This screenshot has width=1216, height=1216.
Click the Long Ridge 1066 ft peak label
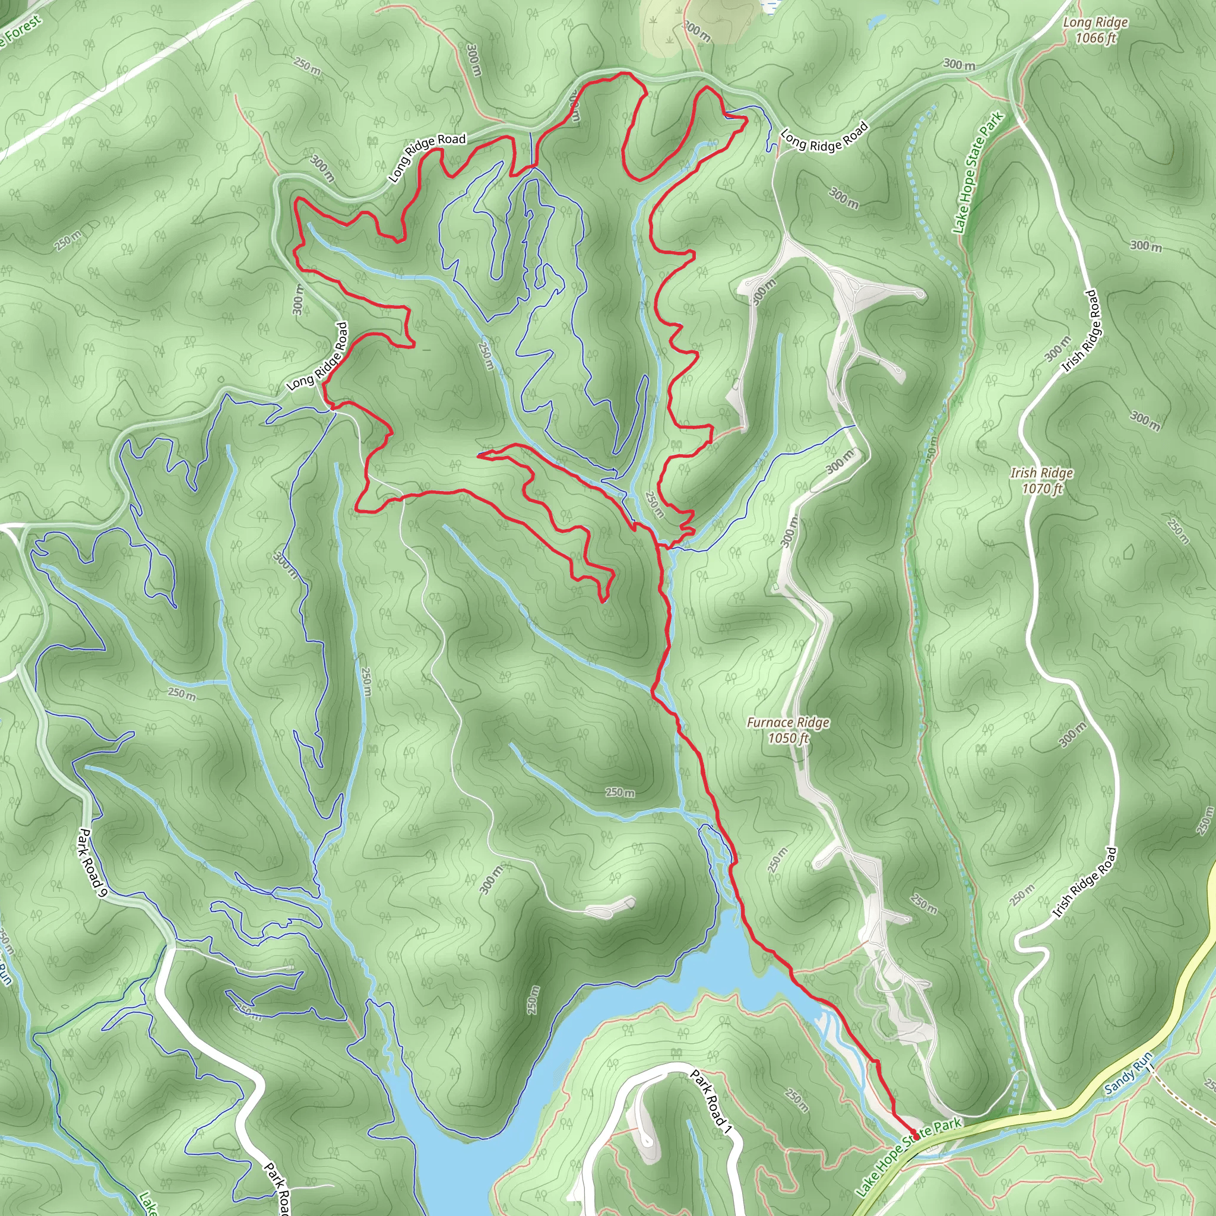point(1096,30)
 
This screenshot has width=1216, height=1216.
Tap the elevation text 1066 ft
point(1096,39)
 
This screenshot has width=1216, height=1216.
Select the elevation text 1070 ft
point(1042,488)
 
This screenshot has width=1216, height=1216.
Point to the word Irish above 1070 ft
point(1024,473)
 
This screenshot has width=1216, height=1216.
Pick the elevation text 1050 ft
point(788,737)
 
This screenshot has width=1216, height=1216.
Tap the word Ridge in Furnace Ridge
point(813,723)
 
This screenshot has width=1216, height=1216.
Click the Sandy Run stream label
point(1129,1071)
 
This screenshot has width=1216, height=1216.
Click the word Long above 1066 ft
point(1078,23)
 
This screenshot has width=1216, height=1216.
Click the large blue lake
point(629,1019)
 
